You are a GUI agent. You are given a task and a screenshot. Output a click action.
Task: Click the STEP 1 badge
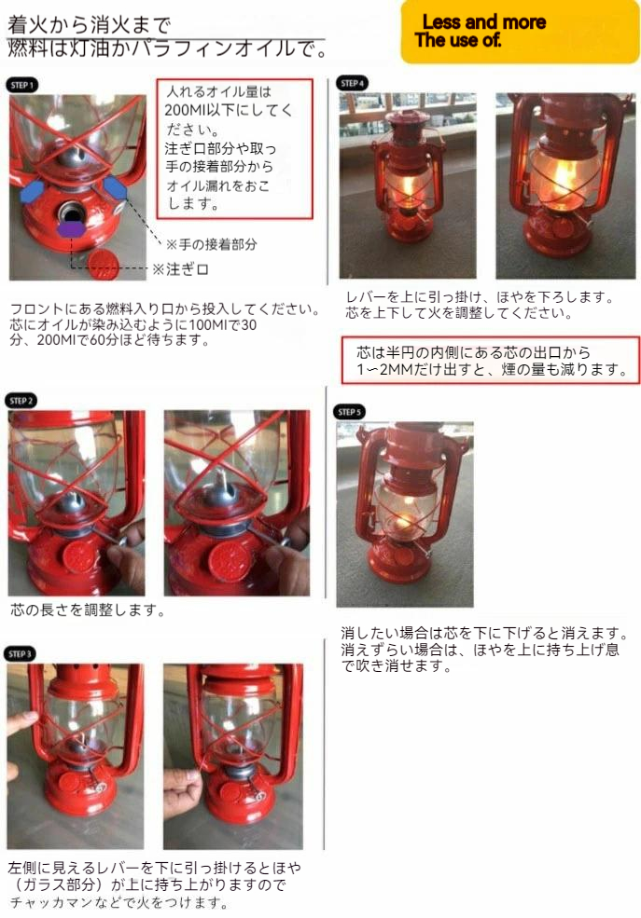coord(22,85)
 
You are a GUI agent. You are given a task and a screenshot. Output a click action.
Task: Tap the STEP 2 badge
coord(21,401)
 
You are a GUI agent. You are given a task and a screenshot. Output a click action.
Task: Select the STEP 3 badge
coord(20,654)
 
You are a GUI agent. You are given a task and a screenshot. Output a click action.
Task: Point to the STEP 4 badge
coord(353,83)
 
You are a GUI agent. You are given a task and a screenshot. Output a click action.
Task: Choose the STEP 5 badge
coord(350,412)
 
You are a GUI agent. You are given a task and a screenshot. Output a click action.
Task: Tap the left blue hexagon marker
coord(33,191)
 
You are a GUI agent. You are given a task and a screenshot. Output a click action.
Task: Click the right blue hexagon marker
coord(115,189)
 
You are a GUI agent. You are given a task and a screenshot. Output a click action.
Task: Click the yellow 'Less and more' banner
coord(520,32)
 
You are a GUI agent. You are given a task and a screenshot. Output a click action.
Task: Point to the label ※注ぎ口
coord(180,269)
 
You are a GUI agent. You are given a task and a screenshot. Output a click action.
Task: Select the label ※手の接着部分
coord(212,244)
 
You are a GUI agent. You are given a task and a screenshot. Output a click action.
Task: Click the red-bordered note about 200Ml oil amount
coord(234,149)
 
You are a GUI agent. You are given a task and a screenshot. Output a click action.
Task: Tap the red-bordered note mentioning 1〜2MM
coord(491,361)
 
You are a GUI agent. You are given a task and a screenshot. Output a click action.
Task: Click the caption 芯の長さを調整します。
coord(88,610)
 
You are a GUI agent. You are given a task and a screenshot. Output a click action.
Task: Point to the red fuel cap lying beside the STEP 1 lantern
coord(104,263)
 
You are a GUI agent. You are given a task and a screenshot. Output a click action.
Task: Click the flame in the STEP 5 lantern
coord(402,517)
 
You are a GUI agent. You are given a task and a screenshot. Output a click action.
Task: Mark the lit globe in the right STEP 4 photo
coord(564,174)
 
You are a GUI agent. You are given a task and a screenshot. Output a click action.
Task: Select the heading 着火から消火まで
coord(89,24)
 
